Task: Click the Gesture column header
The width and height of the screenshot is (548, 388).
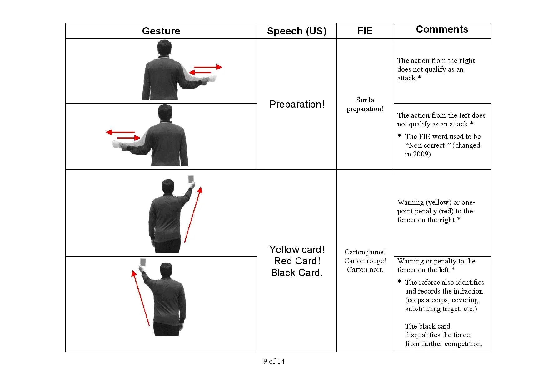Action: coord(161,31)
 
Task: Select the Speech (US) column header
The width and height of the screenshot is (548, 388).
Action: coord(296,31)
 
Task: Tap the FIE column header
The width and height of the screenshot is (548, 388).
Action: coord(365,31)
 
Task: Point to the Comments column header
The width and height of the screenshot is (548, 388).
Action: coord(442,29)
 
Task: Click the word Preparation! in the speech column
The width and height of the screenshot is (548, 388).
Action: coord(297,104)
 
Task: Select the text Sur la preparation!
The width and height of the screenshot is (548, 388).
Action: coord(365,104)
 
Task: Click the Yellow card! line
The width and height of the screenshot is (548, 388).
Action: coord(297,249)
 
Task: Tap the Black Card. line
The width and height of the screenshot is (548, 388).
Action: coord(297,273)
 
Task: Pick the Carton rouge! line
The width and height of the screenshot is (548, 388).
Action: coord(365,261)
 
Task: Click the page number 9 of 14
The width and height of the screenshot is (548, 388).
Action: coord(274,361)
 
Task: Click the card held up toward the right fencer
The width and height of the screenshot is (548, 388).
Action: coord(191,179)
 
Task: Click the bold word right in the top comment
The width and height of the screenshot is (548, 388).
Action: coord(467,60)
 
